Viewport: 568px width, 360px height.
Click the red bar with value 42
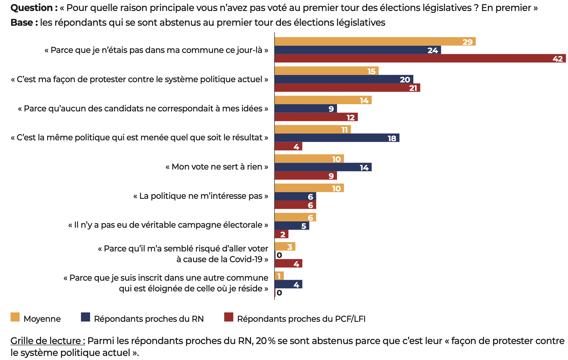pyautogui.click(x=420, y=58)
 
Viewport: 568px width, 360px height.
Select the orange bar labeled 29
pyautogui.click(x=375, y=42)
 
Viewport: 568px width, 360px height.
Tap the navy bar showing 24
pyautogui.click(x=358, y=50)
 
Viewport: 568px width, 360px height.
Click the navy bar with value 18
pyautogui.click(x=337, y=138)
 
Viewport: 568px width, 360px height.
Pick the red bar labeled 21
pyautogui.click(x=347, y=88)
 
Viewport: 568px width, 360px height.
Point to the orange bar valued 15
pyautogui.click(x=326, y=71)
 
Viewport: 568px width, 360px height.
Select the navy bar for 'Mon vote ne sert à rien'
pyautogui.click(x=323, y=167)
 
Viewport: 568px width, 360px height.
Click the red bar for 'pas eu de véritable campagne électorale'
pyautogui.click(x=281, y=234)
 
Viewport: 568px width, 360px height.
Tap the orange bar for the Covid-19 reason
pyautogui.click(x=285, y=247)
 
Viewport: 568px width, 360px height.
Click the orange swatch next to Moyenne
pyautogui.click(x=15, y=317)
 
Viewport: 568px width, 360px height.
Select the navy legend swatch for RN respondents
pyautogui.click(x=85, y=317)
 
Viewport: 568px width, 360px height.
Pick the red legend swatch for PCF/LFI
pyautogui.click(x=229, y=317)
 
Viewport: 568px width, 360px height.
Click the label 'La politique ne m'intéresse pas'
pyautogui.click(x=201, y=196)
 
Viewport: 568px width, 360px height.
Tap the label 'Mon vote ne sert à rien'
pyautogui.click(x=217, y=167)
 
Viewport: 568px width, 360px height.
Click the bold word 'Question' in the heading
pyautogui.click(x=32, y=8)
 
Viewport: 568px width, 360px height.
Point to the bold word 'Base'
pyautogui.click(x=21, y=23)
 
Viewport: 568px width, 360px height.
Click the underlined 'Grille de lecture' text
pyautogui.click(x=47, y=341)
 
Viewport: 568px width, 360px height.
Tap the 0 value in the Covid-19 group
pyautogui.click(x=279, y=255)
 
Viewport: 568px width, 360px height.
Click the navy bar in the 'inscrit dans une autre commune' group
pyautogui.click(x=288, y=284)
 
